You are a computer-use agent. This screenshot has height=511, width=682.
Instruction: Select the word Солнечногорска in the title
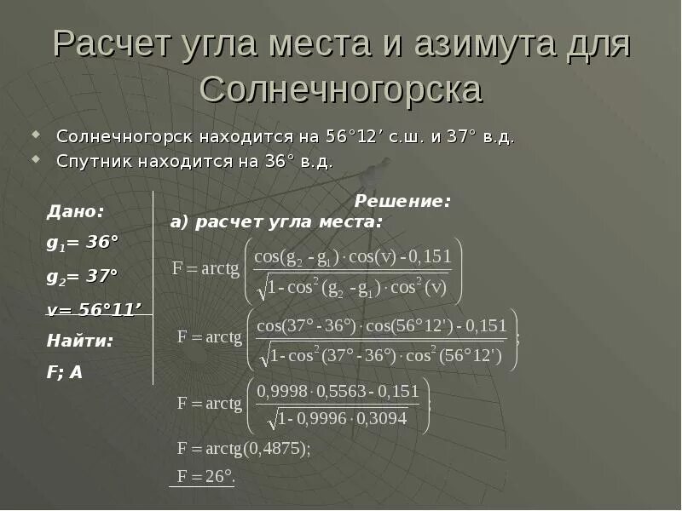[x=341, y=89]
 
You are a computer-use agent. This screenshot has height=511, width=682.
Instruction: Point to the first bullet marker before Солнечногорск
[x=37, y=135]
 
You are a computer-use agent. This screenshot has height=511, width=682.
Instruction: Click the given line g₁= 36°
[x=82, y=243]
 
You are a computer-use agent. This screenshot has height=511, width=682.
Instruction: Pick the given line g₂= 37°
[x=82, y=276]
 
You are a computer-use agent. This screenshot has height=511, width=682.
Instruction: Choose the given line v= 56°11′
[x=94, y=309]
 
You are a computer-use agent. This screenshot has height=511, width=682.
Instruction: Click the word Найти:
[x=80, y=341]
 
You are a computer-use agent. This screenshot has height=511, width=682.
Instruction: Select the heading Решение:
[x=402, y=202]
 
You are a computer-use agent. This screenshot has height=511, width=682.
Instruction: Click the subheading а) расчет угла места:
[x=276, y=222]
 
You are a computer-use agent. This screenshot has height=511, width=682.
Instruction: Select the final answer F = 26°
[x=205, y=476]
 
